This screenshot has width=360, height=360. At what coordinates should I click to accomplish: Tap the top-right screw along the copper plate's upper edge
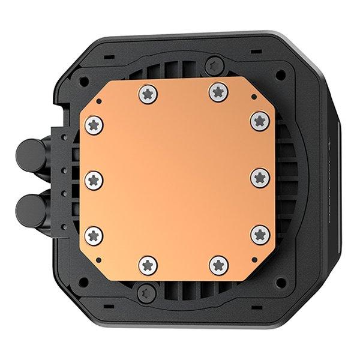(216, 91)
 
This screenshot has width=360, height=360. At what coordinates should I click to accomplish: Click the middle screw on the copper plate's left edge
(95, 178)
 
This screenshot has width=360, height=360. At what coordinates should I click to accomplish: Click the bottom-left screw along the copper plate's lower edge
(147, 263)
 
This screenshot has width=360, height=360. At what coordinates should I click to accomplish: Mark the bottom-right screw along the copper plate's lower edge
(215, 263)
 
